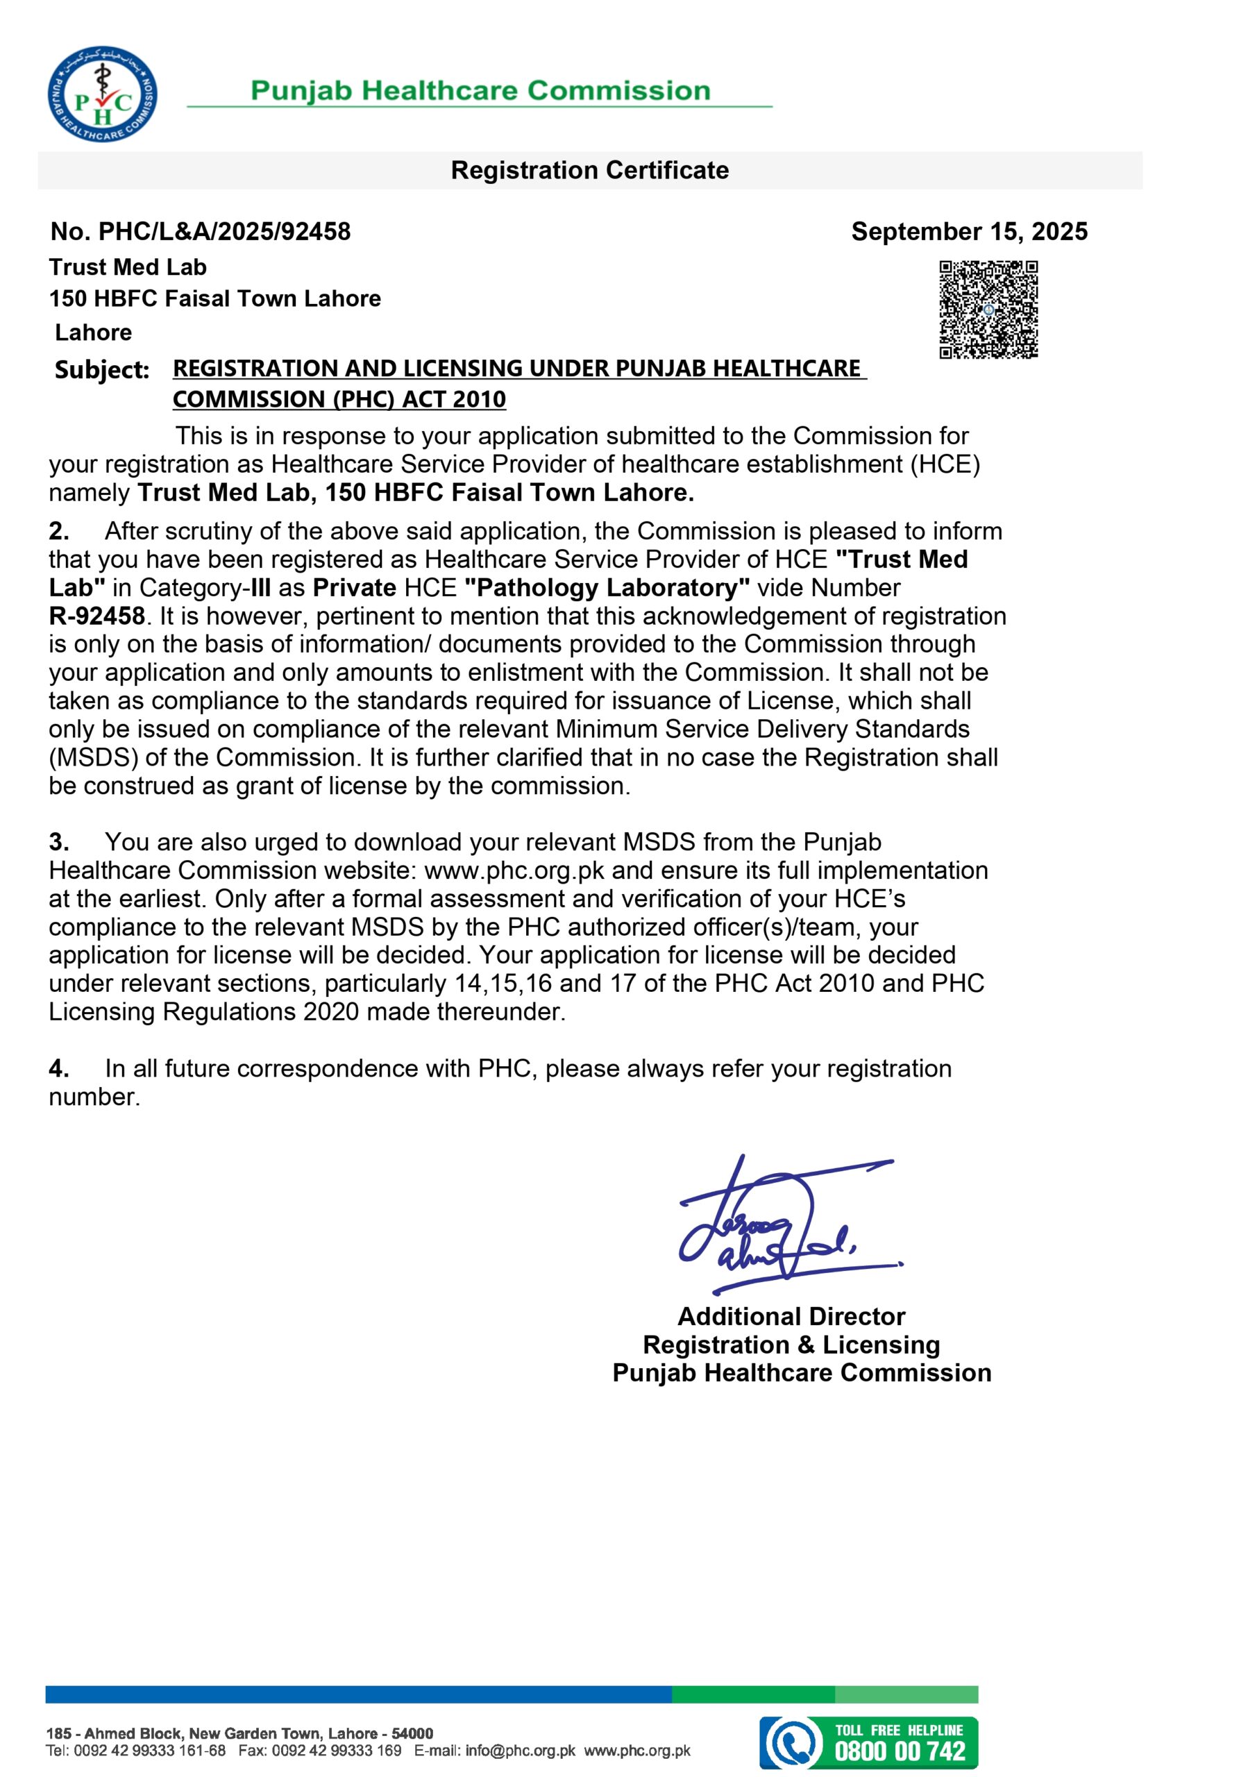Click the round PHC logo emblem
(x=102, y=94)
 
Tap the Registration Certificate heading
(x=590, y=170)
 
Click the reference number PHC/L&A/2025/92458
(x=224, y=231)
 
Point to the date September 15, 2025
(x=969, y=231)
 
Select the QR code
(x=988, y=310)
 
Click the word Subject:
(x=101, y=370)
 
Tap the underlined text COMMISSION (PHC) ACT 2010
(x=339, y=399)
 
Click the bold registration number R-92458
(x=96, y=616)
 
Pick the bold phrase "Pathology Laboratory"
(x=607, y=587)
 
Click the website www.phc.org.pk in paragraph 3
(x=514, y=870)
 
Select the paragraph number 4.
(x=58, y=1069)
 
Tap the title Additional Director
(x=791, y=1317)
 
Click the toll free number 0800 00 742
(x=900, y=1751)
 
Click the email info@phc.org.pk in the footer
(x=520, y=1751)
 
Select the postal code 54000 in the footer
(x=412, y=1734)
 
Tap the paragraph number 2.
(x=58, y=532)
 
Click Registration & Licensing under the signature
(x=791, y=1345)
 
